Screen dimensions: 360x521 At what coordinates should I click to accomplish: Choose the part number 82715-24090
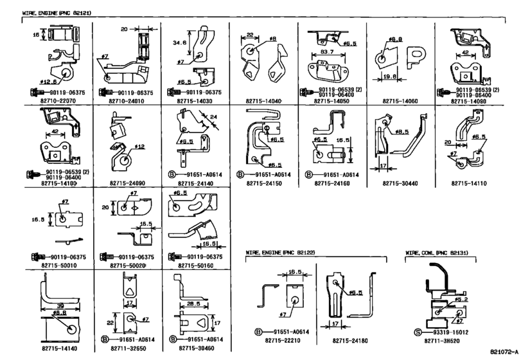(x=124, y=183)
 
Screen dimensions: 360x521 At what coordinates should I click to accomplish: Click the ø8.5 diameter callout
(x=402, y=132)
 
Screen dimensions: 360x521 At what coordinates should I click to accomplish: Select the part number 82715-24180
(x=351, y=340)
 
